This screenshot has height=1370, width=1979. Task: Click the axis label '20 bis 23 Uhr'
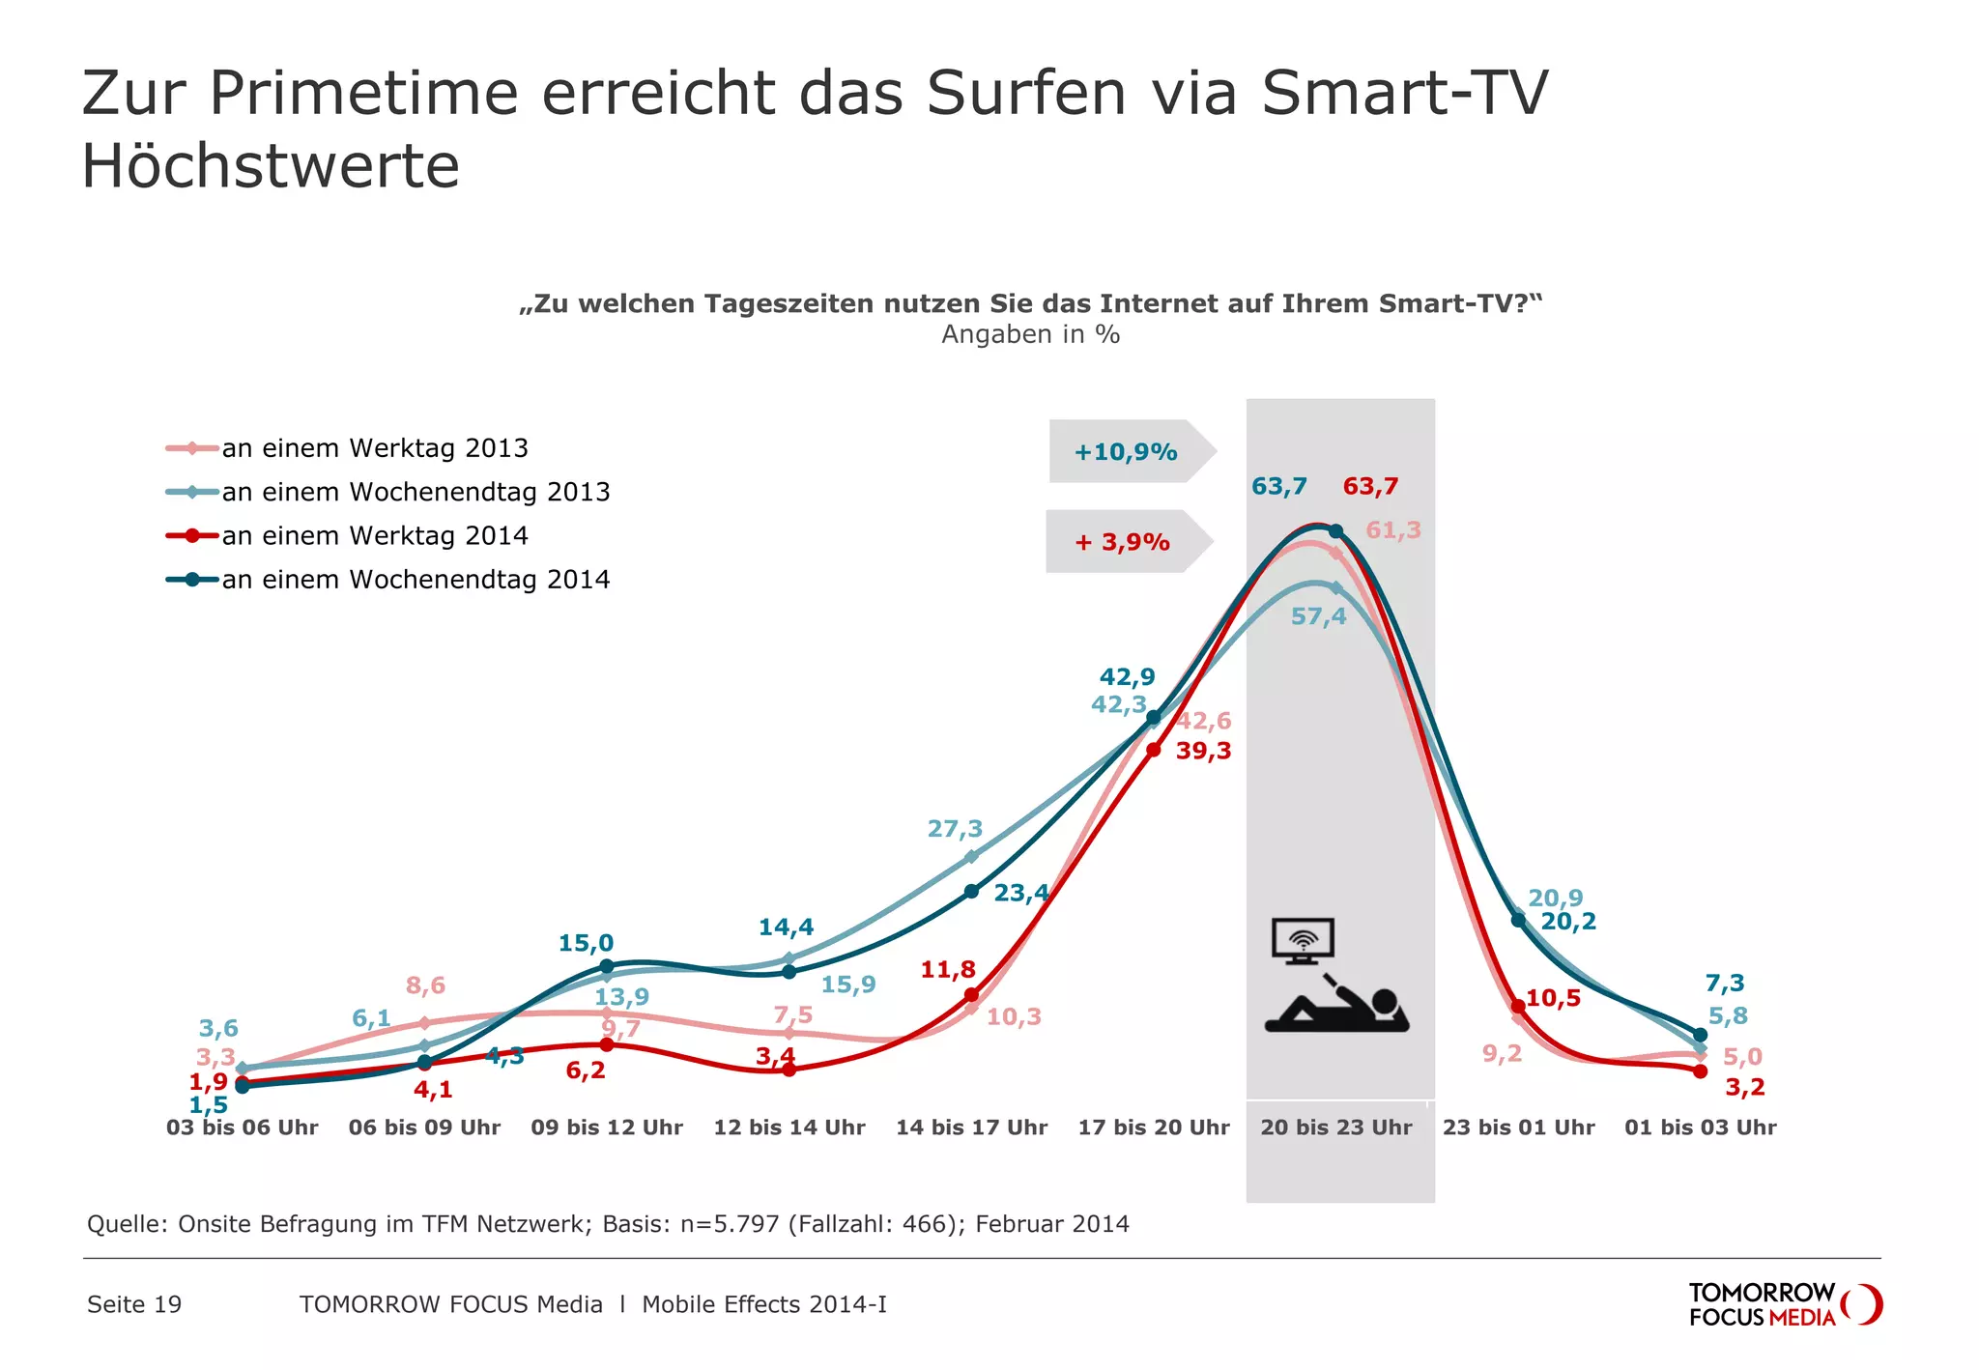coord(1335,1127)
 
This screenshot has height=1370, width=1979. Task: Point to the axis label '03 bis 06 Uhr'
coord(242,1127)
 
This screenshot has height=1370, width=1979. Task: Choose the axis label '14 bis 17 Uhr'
coord(971,1127)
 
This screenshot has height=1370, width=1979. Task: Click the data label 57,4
coord(1318,616)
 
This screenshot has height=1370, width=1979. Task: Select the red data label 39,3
coord(1203,751)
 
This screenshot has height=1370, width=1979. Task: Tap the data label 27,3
coord(955,829)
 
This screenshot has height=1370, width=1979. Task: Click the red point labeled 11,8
coord(971,995)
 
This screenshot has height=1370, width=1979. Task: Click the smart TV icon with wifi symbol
coord(1303,940)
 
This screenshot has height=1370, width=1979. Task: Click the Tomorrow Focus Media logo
coord(1784,1304)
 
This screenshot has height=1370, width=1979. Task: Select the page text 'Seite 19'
coord(134,1304)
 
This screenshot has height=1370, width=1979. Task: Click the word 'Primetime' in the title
coord(363,94)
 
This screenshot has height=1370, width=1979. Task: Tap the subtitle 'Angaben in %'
coord(1030,334)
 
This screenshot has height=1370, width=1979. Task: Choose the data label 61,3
coord(1392,530)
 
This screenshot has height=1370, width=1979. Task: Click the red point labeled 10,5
coord(1518,1007)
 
